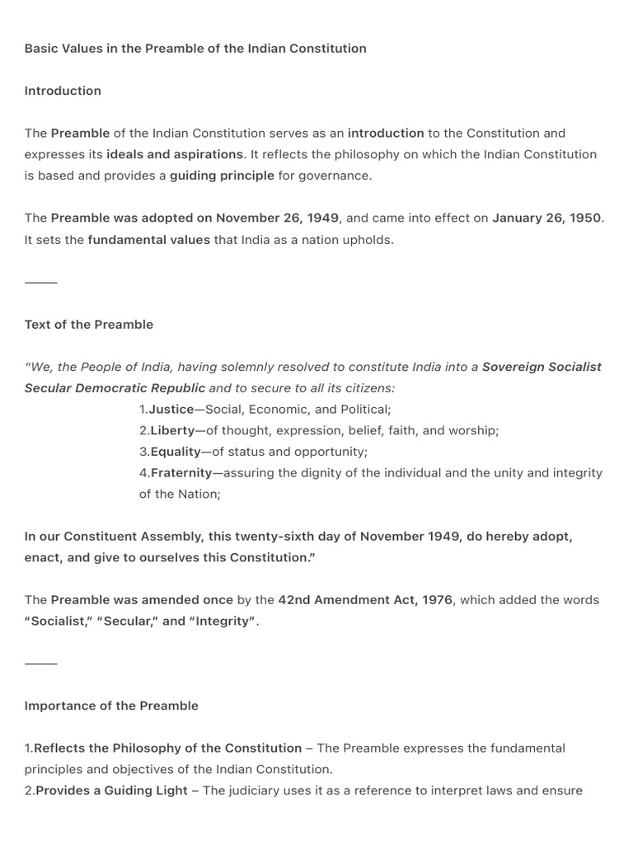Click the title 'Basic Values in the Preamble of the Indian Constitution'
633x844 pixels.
pos(195,49)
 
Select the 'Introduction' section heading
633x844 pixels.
pos(63,91)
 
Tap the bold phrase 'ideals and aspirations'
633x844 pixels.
pos(175,154)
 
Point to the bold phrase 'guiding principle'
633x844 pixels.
pos(222,176)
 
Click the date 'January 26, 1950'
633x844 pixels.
pos(547,218)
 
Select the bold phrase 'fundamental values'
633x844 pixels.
pos(149,240)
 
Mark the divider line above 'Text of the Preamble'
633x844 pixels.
pos(41,283)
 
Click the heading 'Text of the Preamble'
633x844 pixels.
pos(89,325)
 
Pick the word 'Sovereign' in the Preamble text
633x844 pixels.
pos(513,367)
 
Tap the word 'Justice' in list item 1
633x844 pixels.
pos(171,410)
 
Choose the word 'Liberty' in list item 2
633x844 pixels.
pos(172,430)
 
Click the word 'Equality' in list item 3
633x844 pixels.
pos(176,452)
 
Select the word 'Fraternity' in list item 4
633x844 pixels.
pos(181,473)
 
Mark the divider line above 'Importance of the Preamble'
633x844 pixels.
pos(41,663)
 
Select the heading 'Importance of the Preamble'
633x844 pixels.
pos(111,706)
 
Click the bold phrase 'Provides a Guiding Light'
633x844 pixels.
pos(115,791)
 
